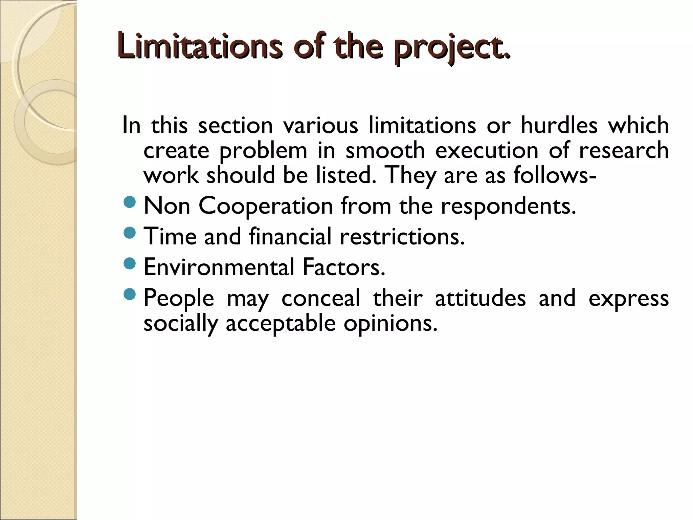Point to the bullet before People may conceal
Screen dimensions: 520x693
click(x=130, y=294)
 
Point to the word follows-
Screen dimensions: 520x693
click(x=555, y=175)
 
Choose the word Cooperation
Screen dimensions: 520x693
click(x=266, y=206)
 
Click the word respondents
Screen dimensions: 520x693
click(x=508, y=206)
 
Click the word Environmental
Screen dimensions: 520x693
click(x=219, y=267)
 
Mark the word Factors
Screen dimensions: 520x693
click(x=344, y=267)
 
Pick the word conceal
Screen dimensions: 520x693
click(x=321, y=298)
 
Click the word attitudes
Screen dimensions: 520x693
click(x=480, y=298)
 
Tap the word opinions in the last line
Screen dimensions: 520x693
click(x=390, y=324)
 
